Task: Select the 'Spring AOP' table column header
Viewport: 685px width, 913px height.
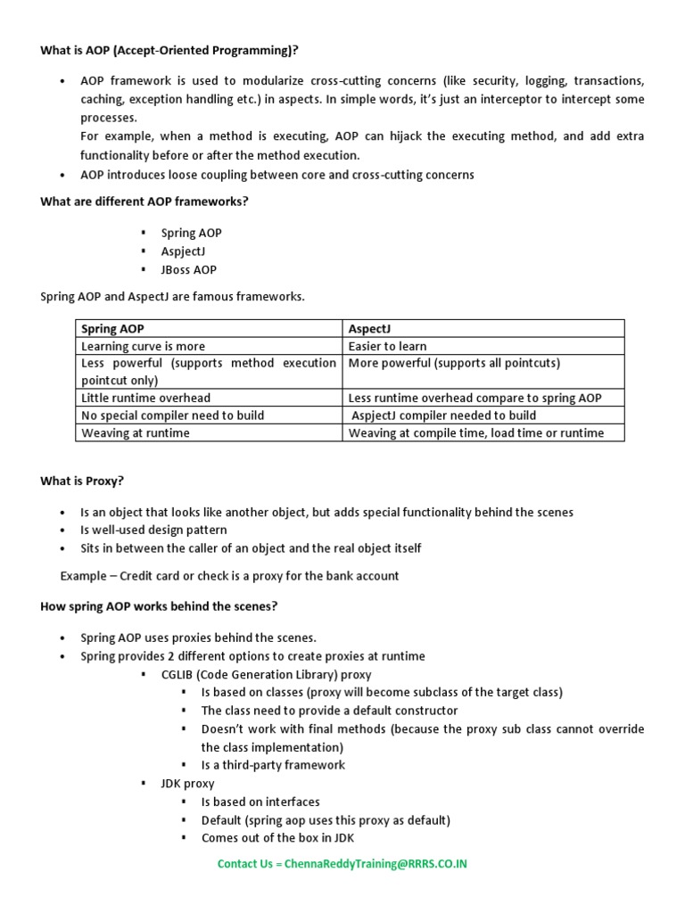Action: pos(111,329)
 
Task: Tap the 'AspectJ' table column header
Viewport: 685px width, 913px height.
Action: pos(370,329)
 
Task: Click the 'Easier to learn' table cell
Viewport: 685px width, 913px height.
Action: pos(387,346)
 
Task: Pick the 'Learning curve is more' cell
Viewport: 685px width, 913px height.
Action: pos(143,346)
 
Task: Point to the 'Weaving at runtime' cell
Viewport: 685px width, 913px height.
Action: pos(135,432)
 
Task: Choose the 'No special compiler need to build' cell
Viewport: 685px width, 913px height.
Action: pos(172,415)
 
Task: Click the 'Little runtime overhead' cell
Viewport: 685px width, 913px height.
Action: pos(145,398)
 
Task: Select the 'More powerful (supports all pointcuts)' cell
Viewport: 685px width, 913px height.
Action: pos(454,363)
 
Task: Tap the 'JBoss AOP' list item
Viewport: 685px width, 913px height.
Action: pos(188,269)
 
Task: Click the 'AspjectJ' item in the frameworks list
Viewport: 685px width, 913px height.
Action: pos(183,251)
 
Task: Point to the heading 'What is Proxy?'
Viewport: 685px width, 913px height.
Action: pos(82,481)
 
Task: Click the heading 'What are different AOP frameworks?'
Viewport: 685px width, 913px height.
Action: pos(144,201)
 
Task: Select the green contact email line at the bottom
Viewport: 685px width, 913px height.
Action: pos(342,863)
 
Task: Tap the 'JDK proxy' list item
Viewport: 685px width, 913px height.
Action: pos(187,783)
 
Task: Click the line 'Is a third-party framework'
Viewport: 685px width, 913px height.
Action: pos(273,764)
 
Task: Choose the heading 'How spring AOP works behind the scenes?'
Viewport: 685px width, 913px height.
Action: pos(159,606)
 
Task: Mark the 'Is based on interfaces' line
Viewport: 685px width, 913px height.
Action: pos(260,802)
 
